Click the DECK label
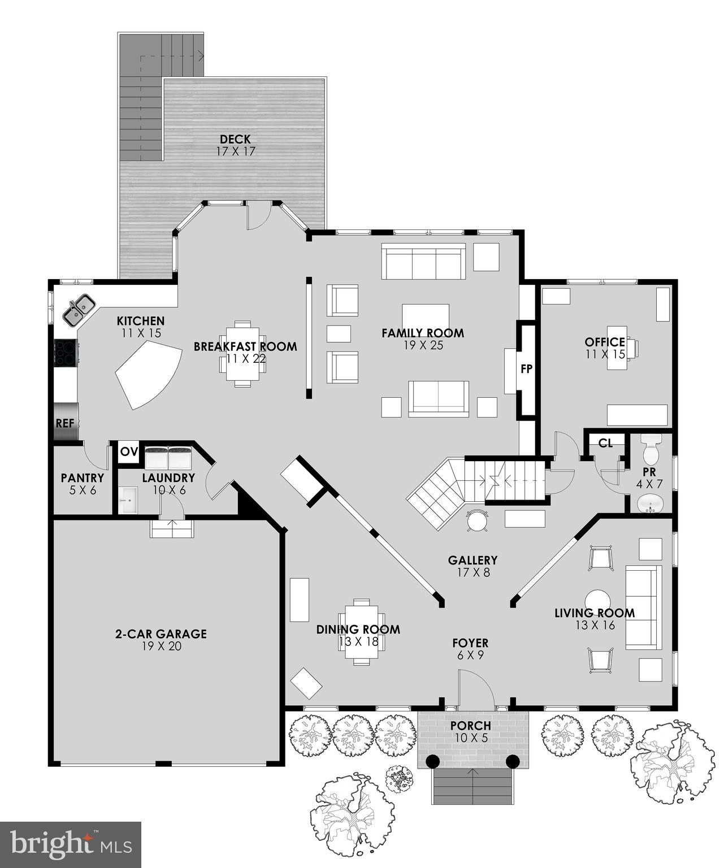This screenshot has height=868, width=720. pyautogui.click(x=235, y=140)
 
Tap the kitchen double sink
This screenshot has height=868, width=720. pyautogui.click(x=78, y=310)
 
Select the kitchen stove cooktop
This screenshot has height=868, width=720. pyautogui.click(x=65, y=353)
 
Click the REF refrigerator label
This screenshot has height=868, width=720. pyautogui.click(x=65, y=422)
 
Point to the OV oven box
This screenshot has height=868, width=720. pyautogui.click(x=129, y=452)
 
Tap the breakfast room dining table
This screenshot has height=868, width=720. pyautogui.click(x=243, y=354)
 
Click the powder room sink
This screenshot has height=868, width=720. pyautogui.click(x=650, y=504)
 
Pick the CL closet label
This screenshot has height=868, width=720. pyautogui.click(x=605, y=443)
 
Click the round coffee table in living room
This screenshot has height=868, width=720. pyautogui.click(x=597, y=601)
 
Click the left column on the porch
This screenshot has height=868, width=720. pyautogui.click(x=432, y=761)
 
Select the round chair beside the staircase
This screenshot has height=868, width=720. pyautogui.click(x=478, y=520)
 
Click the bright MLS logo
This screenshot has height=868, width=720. pyautogui.click(x=71, y=845)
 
